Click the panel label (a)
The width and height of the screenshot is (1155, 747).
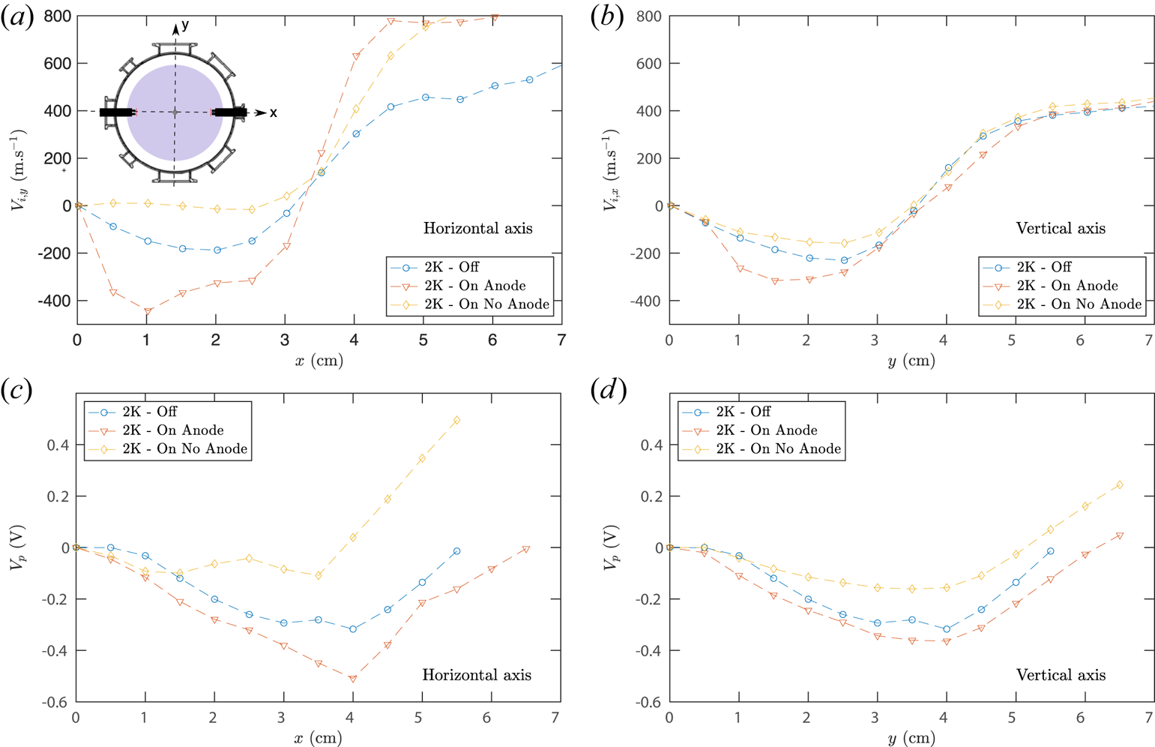17,16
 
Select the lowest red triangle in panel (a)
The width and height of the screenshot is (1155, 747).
148,311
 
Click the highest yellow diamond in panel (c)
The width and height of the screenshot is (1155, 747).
456,420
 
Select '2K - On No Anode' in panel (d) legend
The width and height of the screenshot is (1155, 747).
778,449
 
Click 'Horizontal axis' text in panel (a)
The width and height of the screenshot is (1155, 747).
477,228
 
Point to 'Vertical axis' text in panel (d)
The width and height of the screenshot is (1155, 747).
1060,675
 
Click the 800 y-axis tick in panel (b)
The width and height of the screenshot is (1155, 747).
648,16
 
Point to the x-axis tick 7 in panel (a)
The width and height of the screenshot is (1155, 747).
561,340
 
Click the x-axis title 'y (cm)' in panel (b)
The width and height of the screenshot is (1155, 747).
911,361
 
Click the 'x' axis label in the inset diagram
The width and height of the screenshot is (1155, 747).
274,113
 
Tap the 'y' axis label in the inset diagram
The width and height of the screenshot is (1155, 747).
185,25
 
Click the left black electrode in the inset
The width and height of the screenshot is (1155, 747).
117,112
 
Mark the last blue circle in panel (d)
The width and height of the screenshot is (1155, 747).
1050,551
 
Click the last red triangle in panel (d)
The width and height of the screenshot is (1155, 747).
1119,535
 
